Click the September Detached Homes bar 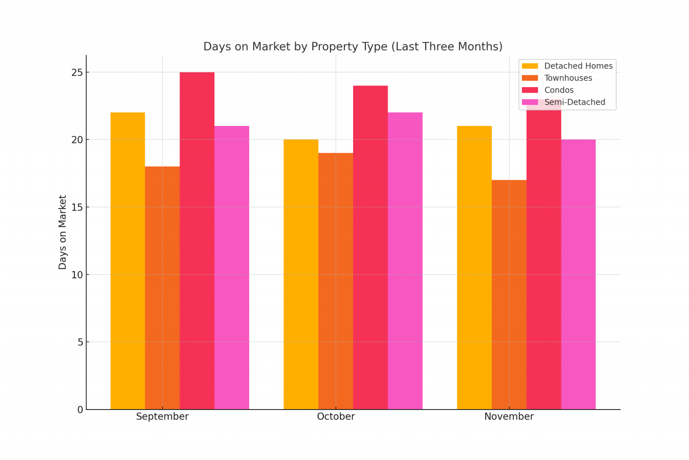point(127,261)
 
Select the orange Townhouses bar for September point(162,288)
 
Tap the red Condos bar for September point(197,241)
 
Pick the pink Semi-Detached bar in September point(232,268)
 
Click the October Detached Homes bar point(301,274)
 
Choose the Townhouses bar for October point(335,281)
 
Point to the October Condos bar point(370,247)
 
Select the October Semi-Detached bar point(405,261)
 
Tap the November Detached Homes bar point(474,268)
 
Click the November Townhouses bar point(509,294)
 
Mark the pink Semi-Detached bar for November point(578,274)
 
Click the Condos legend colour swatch point(530,90)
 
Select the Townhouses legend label point(568,78)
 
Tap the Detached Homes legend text point(579,66)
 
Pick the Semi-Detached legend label point(575,102)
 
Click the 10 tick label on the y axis point(77,275)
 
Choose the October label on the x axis point(336,416)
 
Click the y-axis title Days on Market point(62,232)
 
